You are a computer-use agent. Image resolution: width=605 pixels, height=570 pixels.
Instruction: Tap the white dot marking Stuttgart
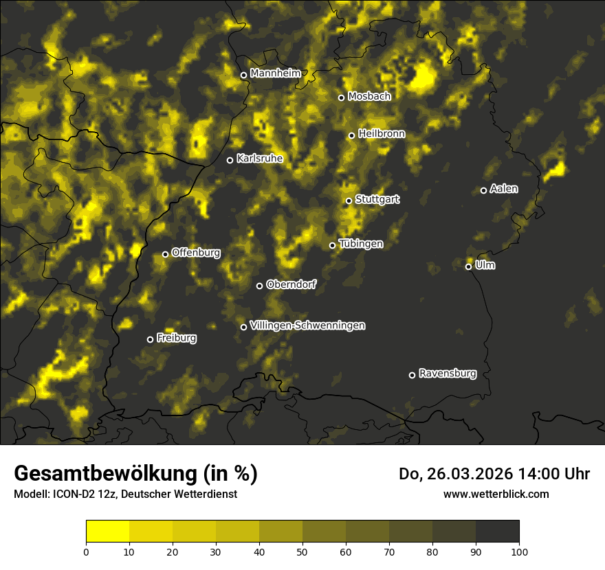pos(349,201)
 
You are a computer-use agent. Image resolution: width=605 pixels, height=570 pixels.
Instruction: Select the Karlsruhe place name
pos(259,159)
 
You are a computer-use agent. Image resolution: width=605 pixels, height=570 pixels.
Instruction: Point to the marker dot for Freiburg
pos(150,339)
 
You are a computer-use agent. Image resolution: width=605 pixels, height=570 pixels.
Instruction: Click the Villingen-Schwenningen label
pos(307,326)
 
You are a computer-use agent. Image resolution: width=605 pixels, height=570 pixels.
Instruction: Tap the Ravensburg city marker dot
pos(412,375)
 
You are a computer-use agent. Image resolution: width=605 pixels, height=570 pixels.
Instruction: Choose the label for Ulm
pos(485,265)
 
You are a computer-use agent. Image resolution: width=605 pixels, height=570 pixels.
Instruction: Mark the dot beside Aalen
pos(483,190)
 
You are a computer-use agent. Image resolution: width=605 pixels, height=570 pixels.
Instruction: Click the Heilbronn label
pos(382,134)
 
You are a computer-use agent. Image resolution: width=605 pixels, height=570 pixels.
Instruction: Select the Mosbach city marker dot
pos(341,98)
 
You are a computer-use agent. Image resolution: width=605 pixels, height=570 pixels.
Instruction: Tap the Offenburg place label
pos(196,253)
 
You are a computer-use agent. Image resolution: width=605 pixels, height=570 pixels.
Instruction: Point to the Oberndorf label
pos(291,284)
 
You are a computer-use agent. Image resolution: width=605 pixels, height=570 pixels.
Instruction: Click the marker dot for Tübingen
pos(332,245)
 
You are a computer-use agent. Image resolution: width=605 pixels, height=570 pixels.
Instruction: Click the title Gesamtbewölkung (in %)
pos(135,474)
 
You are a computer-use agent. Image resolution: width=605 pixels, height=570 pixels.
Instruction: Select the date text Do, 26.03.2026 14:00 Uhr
pos(494,474)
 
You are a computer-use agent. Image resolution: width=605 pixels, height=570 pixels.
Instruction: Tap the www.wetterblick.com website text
pos(496,494)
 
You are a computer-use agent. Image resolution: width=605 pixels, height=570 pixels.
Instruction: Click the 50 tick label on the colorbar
pos(302,551)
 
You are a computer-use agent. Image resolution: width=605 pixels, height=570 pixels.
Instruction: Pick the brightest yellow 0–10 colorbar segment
pos(108,532)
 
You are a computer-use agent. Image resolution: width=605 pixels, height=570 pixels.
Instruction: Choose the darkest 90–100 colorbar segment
pos(497,532)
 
